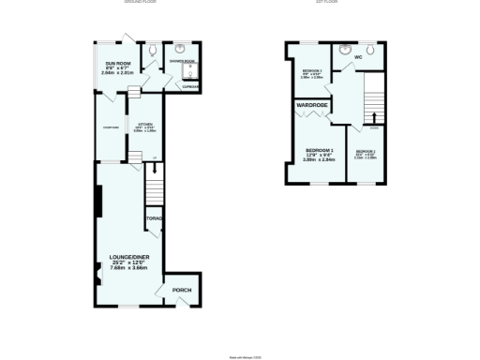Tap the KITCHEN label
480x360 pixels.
pos(145,125)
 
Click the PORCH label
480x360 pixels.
pos(182,291)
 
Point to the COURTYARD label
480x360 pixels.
pos(109,130)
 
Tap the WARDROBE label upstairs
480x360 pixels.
pos(311,105)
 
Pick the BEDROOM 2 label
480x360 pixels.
pos(366,152)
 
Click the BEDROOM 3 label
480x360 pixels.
pos(312,71)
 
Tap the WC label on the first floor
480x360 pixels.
pos(358,58)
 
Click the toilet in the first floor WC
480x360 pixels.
pos(372,48)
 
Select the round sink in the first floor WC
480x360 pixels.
pos(345,49)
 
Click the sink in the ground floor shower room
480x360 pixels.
pos(181,47)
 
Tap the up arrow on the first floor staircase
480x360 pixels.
pos(375,117)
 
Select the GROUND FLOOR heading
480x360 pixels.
pos(140,3)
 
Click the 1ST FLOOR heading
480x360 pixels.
pos(326,3)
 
